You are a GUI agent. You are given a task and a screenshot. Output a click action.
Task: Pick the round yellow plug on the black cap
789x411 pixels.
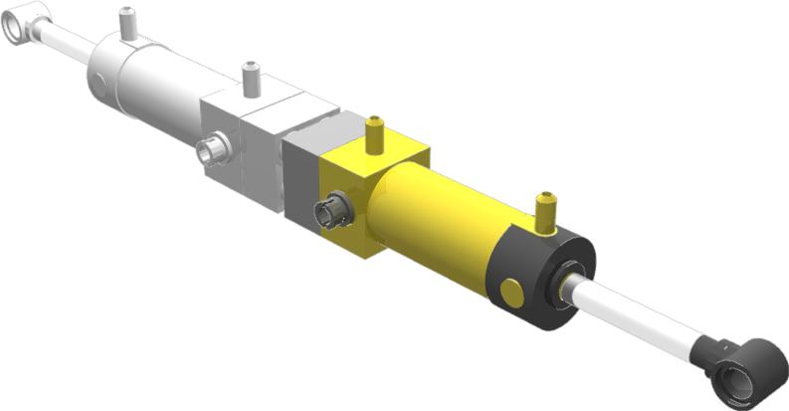click(512, 293)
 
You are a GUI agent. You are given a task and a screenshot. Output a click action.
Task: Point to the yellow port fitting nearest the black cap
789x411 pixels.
click(543, 212)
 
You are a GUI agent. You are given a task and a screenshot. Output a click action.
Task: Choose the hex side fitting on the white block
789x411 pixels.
click(212, 151)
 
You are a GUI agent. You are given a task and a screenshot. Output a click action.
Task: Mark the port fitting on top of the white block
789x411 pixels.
click(251, 79)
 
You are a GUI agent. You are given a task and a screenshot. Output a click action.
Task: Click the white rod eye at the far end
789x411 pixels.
click(25, 19)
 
